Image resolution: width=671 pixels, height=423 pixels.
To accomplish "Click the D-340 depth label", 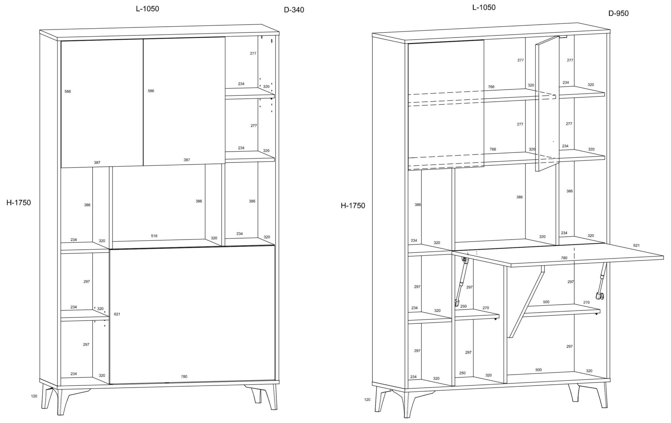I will point(294,10).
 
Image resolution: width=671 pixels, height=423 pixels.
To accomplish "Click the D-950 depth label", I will point(618,13).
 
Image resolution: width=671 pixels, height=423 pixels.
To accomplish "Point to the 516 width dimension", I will point(154,236).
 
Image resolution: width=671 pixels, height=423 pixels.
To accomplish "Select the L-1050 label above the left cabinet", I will point(147,9).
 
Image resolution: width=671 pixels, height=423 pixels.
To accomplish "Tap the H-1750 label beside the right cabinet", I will point(353,206).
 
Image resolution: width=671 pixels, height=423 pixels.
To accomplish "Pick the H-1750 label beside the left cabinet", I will point(19,202).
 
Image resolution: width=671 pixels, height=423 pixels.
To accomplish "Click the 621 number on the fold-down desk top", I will point(636,245).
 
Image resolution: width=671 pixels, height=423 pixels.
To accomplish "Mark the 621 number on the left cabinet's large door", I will point(117,314).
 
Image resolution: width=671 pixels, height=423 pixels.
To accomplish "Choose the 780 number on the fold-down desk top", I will point(564,258).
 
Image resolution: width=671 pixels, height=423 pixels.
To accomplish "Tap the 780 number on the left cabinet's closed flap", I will point(184,377).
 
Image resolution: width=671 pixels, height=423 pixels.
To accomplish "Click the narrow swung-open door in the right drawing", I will point(547,105).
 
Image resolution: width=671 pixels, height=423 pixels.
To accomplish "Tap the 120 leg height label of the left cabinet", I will point(34,396).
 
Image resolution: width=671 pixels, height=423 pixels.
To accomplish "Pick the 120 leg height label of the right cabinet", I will point(367,400).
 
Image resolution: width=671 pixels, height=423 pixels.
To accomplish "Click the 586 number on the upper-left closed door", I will point(68,91).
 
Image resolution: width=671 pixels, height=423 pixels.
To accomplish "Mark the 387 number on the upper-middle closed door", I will point(187,160).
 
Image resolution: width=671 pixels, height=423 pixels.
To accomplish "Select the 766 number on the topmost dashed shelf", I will point(491,87).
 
